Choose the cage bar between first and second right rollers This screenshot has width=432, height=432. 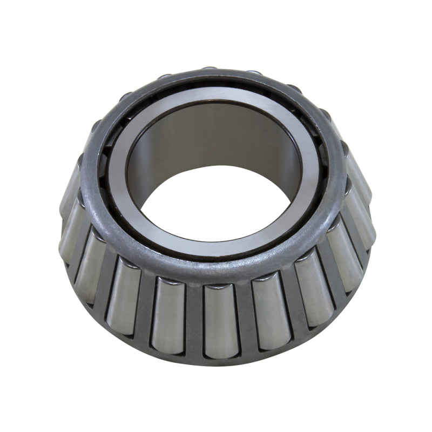293,305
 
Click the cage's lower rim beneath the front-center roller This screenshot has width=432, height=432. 221,359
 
